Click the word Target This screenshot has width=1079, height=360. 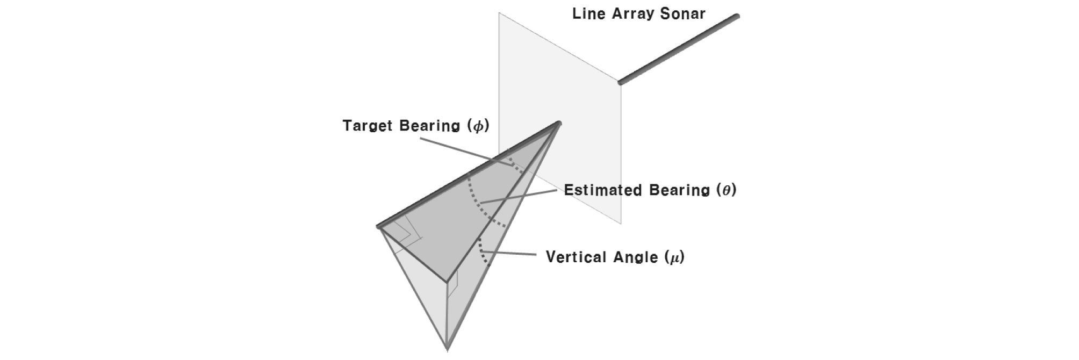[368, 126]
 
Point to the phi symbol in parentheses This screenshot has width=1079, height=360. [478, 126]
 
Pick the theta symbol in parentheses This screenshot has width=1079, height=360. [726, 190]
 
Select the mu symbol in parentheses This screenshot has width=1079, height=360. [674, 257]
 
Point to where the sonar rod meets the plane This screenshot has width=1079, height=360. [620, 83]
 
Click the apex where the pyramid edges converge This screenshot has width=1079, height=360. [559, 124]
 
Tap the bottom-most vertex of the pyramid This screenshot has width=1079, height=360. [447, 349]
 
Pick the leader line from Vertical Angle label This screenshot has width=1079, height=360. [510, 253]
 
